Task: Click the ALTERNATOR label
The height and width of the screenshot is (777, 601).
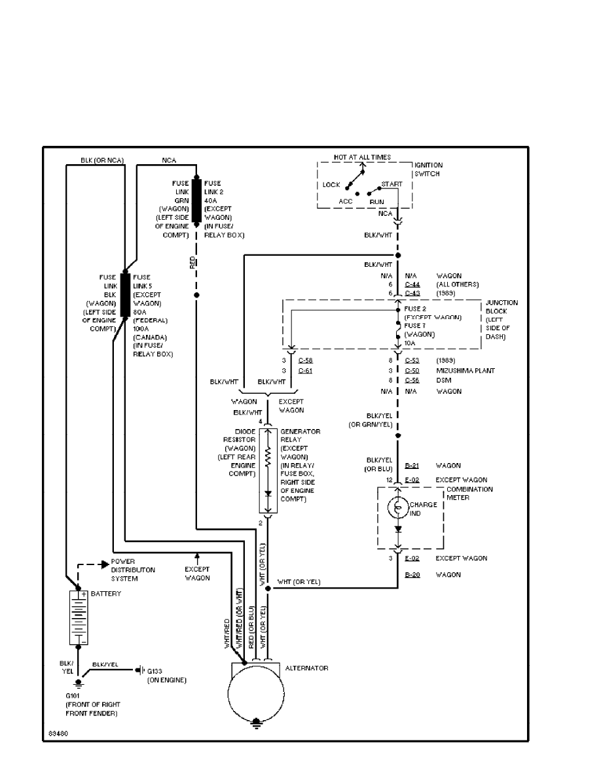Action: (307, 668)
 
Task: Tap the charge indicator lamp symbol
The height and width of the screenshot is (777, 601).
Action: (397, 508)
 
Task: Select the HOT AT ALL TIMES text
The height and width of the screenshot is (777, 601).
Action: (361, 158)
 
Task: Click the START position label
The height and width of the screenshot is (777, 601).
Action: (392, 184)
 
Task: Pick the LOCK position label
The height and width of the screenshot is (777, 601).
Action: (331, 185)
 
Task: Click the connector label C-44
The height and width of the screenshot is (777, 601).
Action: (412, 285)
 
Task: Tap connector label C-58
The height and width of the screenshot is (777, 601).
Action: (305, 360)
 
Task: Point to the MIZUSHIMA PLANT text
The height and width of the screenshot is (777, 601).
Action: (465, 371)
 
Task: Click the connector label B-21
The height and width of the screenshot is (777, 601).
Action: (412, 466)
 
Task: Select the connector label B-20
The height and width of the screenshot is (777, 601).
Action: (412, 575)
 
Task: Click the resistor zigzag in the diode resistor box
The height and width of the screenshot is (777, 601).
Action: (267, 457)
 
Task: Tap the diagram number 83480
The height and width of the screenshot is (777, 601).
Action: (58, 733)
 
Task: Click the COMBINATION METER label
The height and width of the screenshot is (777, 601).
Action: (469, 493)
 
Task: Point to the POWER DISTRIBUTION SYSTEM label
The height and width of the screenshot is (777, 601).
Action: (133, 570)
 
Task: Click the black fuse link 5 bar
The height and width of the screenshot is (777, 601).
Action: (124, 296)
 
